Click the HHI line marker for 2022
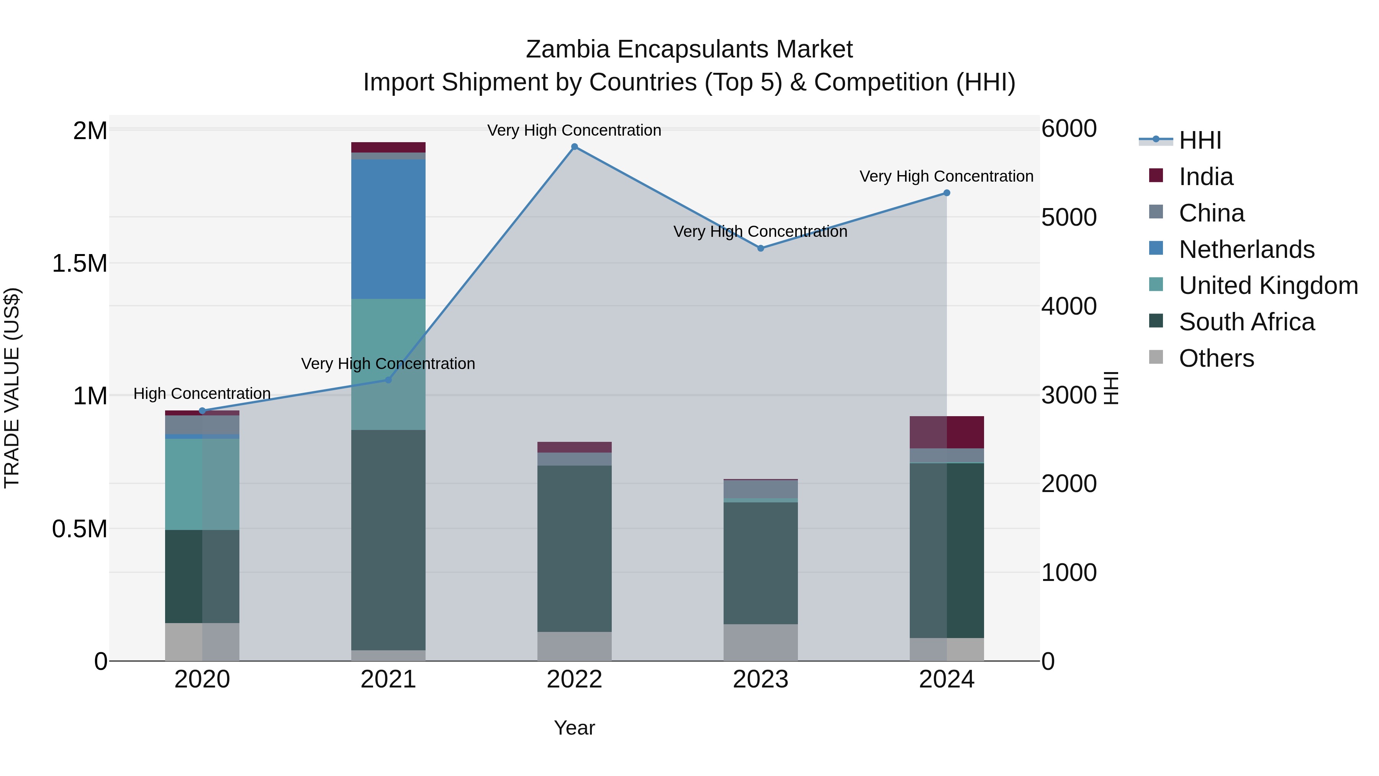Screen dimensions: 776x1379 click(575, 147)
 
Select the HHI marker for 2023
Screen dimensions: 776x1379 click(761, 248)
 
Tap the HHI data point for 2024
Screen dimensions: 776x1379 click(947, 193)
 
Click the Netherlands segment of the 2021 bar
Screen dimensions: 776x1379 click(388, 229)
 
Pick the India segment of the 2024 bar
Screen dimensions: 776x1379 click(947, 432)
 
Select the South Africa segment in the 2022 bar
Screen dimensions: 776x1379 click(575, 548)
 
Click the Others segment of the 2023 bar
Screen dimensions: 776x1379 click(761, 642)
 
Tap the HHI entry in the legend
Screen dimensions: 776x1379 click(1200, 140)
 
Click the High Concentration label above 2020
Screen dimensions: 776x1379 click(202, 394)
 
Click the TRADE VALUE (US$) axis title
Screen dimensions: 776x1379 click(12, 388)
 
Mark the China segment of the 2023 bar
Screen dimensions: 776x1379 click(761, 489)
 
